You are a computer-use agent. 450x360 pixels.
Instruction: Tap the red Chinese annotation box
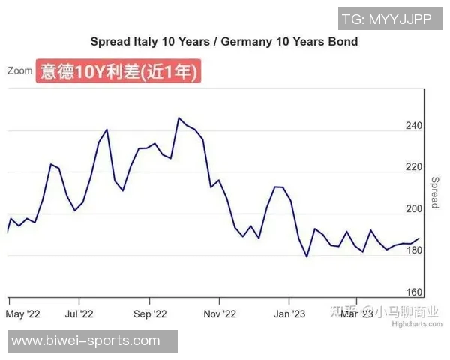[119, 72]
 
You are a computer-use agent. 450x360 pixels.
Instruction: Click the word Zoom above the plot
[19, 70]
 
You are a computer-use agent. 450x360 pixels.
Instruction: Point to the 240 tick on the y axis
[415, 126]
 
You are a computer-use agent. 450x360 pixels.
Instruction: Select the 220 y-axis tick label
[415, 167]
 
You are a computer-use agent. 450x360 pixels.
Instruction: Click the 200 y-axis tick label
[415, 209]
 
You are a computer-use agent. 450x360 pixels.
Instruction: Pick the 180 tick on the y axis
[415, 251]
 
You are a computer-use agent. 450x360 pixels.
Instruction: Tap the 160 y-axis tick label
[415, 292]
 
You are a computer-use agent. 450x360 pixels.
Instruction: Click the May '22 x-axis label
[23, 313]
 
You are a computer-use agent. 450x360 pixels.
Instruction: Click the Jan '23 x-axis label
[289, 313]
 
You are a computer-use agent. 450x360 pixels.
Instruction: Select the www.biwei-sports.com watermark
[86, 341]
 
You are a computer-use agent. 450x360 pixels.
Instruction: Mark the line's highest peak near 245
[178, 118]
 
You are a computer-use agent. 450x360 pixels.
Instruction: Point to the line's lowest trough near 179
[307, 256]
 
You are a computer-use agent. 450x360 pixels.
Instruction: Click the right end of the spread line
[418, 238]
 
